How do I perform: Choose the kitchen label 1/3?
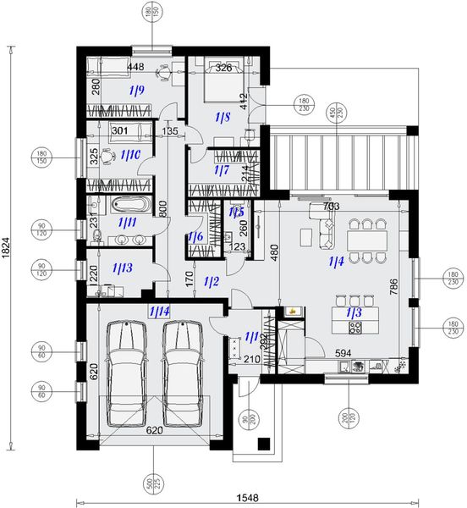point(352,314)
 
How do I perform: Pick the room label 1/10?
point(129,156)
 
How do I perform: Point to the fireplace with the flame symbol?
point(292,312)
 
